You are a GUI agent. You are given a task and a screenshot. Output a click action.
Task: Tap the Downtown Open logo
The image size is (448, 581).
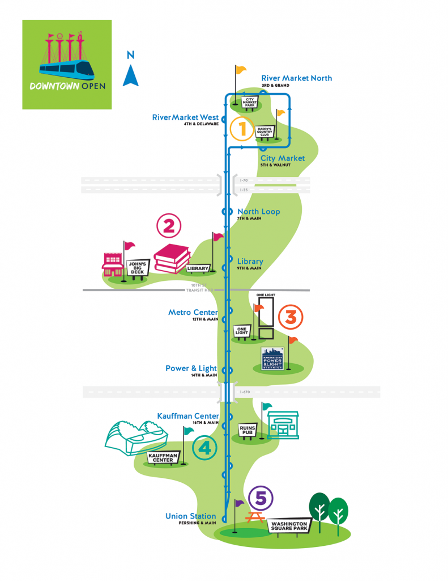(67, 64)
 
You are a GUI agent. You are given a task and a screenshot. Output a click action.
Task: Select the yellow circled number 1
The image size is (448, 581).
(242, 129)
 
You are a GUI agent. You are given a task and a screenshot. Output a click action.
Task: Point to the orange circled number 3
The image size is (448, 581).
(291, 317)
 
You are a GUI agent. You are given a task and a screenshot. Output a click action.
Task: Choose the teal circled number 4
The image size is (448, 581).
(204, 448)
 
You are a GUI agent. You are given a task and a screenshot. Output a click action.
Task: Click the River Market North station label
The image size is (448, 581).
(296, 78)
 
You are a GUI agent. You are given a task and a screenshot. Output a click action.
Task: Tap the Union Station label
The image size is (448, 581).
(190, 516)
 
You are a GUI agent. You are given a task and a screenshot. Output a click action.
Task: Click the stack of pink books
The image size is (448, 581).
(172, 259)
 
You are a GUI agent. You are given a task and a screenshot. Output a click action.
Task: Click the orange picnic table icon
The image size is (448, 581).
(257, 517)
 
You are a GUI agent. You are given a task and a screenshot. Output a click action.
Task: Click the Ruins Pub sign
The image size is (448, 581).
(248, 430)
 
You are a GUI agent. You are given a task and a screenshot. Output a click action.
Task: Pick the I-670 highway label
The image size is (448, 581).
(245, 391)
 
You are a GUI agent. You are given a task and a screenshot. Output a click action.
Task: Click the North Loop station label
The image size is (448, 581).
(258, 212)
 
